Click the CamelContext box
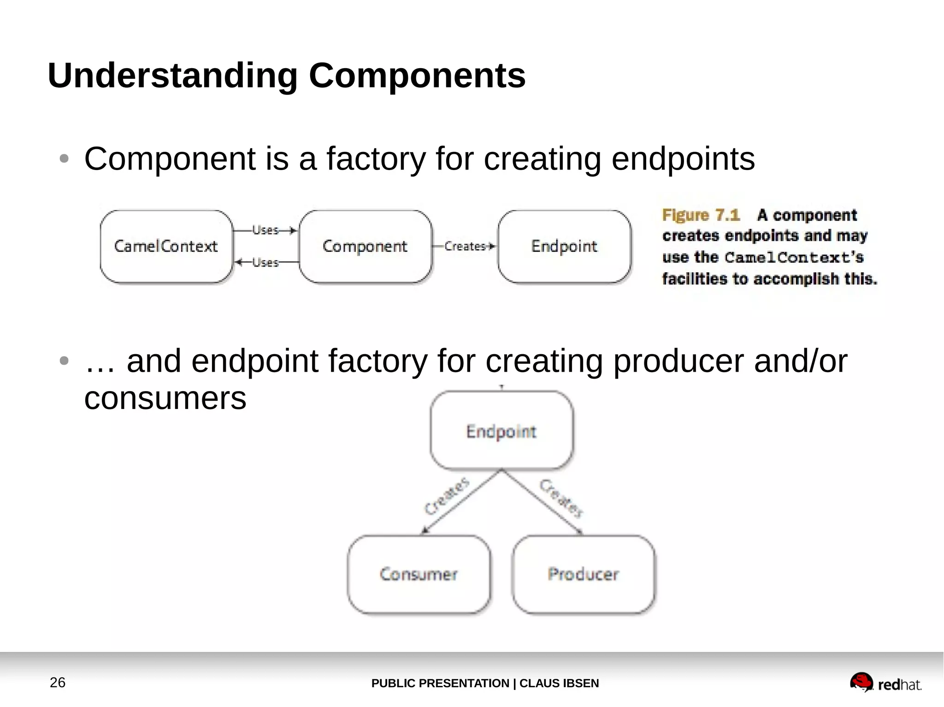166,246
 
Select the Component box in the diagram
365,246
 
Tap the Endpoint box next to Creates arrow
564,246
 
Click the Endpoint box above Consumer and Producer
501,431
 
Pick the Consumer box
419,574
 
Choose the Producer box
583,574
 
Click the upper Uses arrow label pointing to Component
265,230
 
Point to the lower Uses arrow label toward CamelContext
265,263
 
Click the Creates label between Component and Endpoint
465,246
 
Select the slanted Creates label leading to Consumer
446,496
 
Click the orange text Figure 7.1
701,215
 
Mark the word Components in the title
417,76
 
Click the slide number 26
58,682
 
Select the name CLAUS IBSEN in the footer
559,683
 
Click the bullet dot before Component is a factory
64,159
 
